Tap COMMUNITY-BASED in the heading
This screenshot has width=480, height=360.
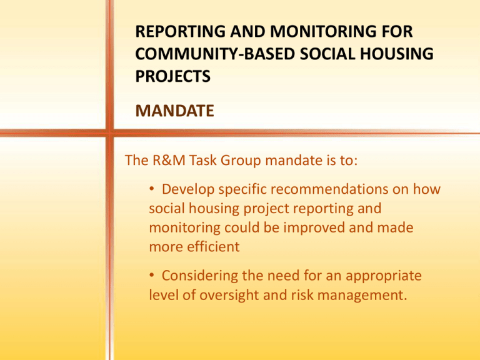[x=215, y=54]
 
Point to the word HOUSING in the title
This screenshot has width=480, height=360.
[x=396, y=54]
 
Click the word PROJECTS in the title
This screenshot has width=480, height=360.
[x=173, y=76]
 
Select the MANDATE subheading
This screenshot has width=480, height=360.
[x=174, y=111]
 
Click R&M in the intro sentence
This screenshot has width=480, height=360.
[x=169, y=160]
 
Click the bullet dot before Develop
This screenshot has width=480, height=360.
[x=151, y=189]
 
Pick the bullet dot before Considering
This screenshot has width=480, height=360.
[x=151, y=275]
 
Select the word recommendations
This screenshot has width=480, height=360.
[x=329, y=189]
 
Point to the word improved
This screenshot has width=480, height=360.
[x=314, y=228]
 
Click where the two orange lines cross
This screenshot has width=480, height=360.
[x=109, y=133]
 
